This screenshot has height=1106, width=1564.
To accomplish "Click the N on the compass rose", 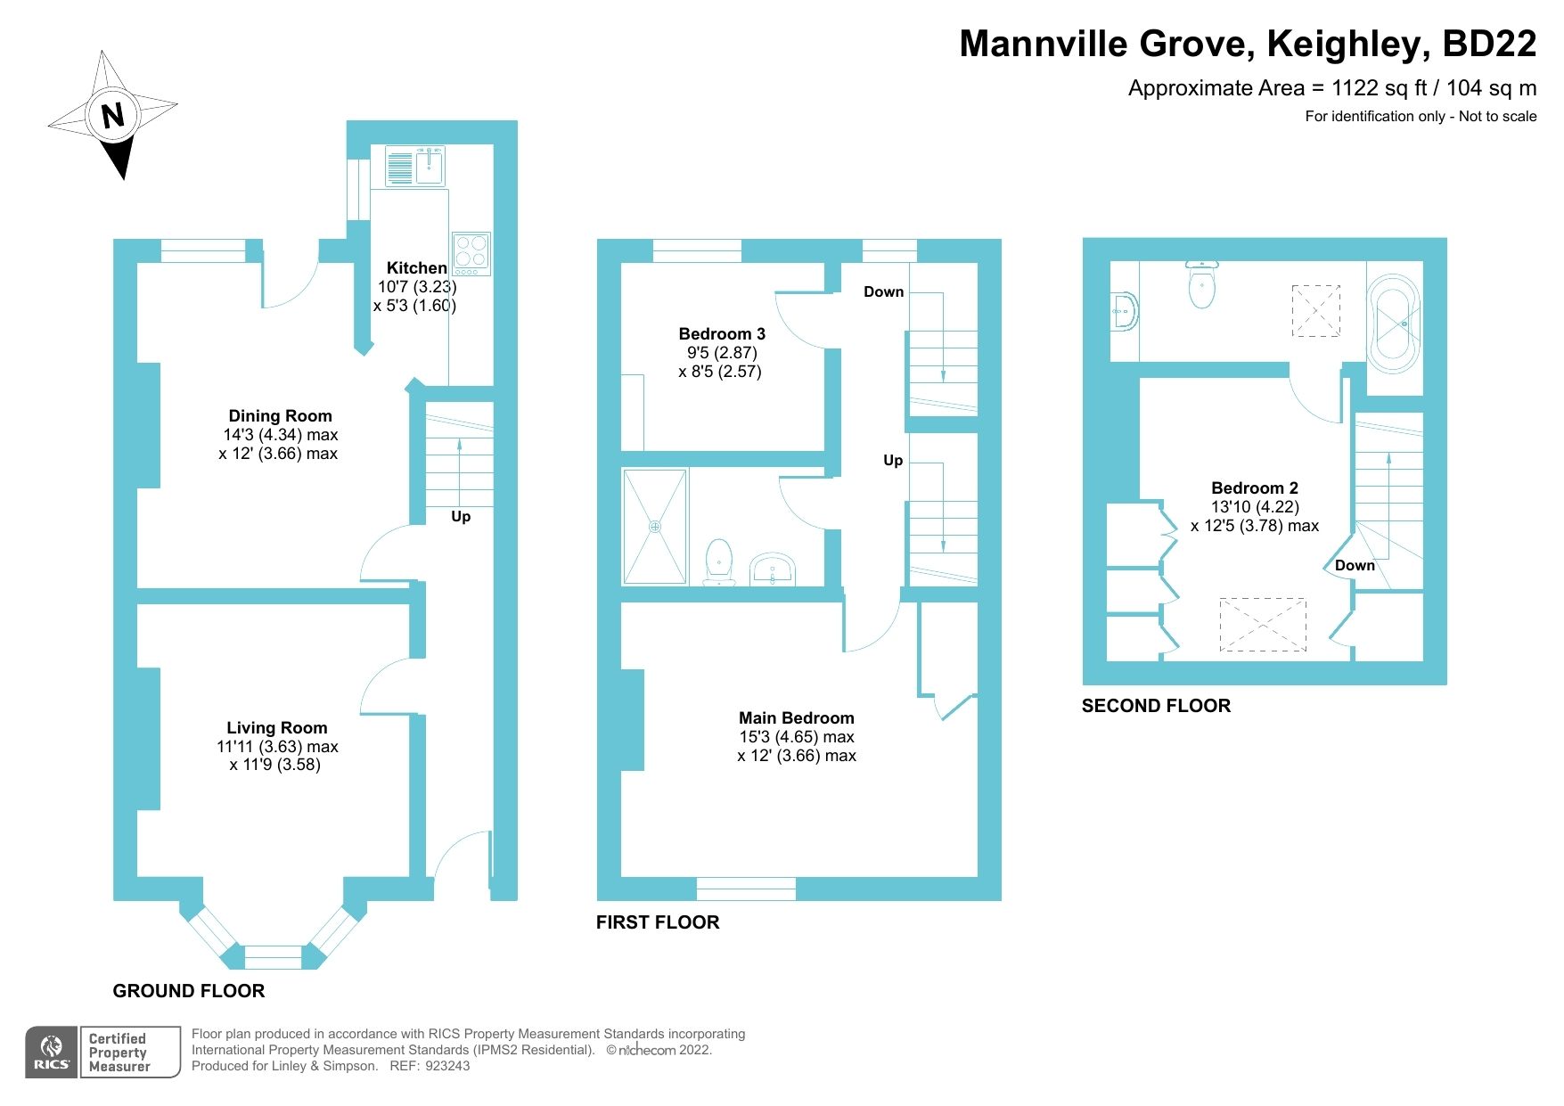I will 112,116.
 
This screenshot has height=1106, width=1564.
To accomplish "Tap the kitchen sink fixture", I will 415,166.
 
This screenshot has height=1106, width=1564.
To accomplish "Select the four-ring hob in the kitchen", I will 471,252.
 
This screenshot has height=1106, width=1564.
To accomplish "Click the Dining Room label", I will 280,416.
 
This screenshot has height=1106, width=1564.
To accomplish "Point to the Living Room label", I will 276,728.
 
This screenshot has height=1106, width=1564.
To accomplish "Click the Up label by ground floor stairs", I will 461,517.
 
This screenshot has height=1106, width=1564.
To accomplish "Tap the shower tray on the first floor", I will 655,527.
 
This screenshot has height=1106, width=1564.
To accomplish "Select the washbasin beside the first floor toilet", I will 773,569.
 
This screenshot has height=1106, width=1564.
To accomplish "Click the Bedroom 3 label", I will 722,334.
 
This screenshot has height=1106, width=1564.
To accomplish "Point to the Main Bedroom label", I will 796,718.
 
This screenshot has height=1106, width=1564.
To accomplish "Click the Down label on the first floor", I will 883,292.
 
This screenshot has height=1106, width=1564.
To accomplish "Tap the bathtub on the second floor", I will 1393,324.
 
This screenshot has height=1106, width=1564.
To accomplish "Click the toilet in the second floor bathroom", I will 1202,285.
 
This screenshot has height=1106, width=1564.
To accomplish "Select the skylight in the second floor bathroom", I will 1316,310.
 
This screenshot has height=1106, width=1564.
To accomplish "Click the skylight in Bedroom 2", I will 1263,624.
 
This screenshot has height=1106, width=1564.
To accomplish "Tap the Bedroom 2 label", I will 1254,488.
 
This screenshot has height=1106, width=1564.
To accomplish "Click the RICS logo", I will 52,1053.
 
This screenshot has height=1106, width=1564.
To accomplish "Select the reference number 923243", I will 447,1066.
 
